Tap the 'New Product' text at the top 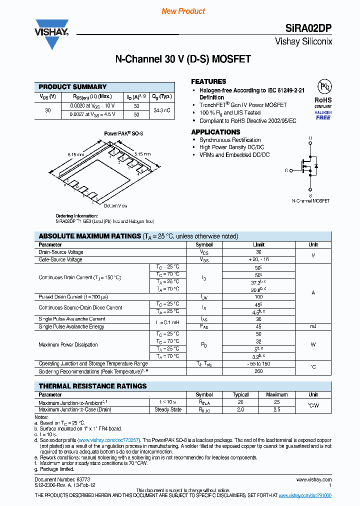click(183, 11)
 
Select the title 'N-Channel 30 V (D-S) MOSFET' click(183, 59)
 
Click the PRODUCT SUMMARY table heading click(72, 86)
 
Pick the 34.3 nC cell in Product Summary click(162, 110)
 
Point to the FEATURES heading click(208, 81)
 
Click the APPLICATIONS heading click(216, 132)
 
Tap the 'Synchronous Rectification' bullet click(230, 140)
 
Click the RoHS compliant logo click(323, 100)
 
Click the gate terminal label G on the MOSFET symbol click(286, 170)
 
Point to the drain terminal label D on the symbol click(310, 138)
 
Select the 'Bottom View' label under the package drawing click(115, 205)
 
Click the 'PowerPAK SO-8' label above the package click(123, 134)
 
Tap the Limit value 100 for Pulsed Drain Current click(258, 297)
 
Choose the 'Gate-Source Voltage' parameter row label click(60, 259)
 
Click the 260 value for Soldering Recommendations click(258, 371)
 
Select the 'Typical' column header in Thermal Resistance click(240, 394)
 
